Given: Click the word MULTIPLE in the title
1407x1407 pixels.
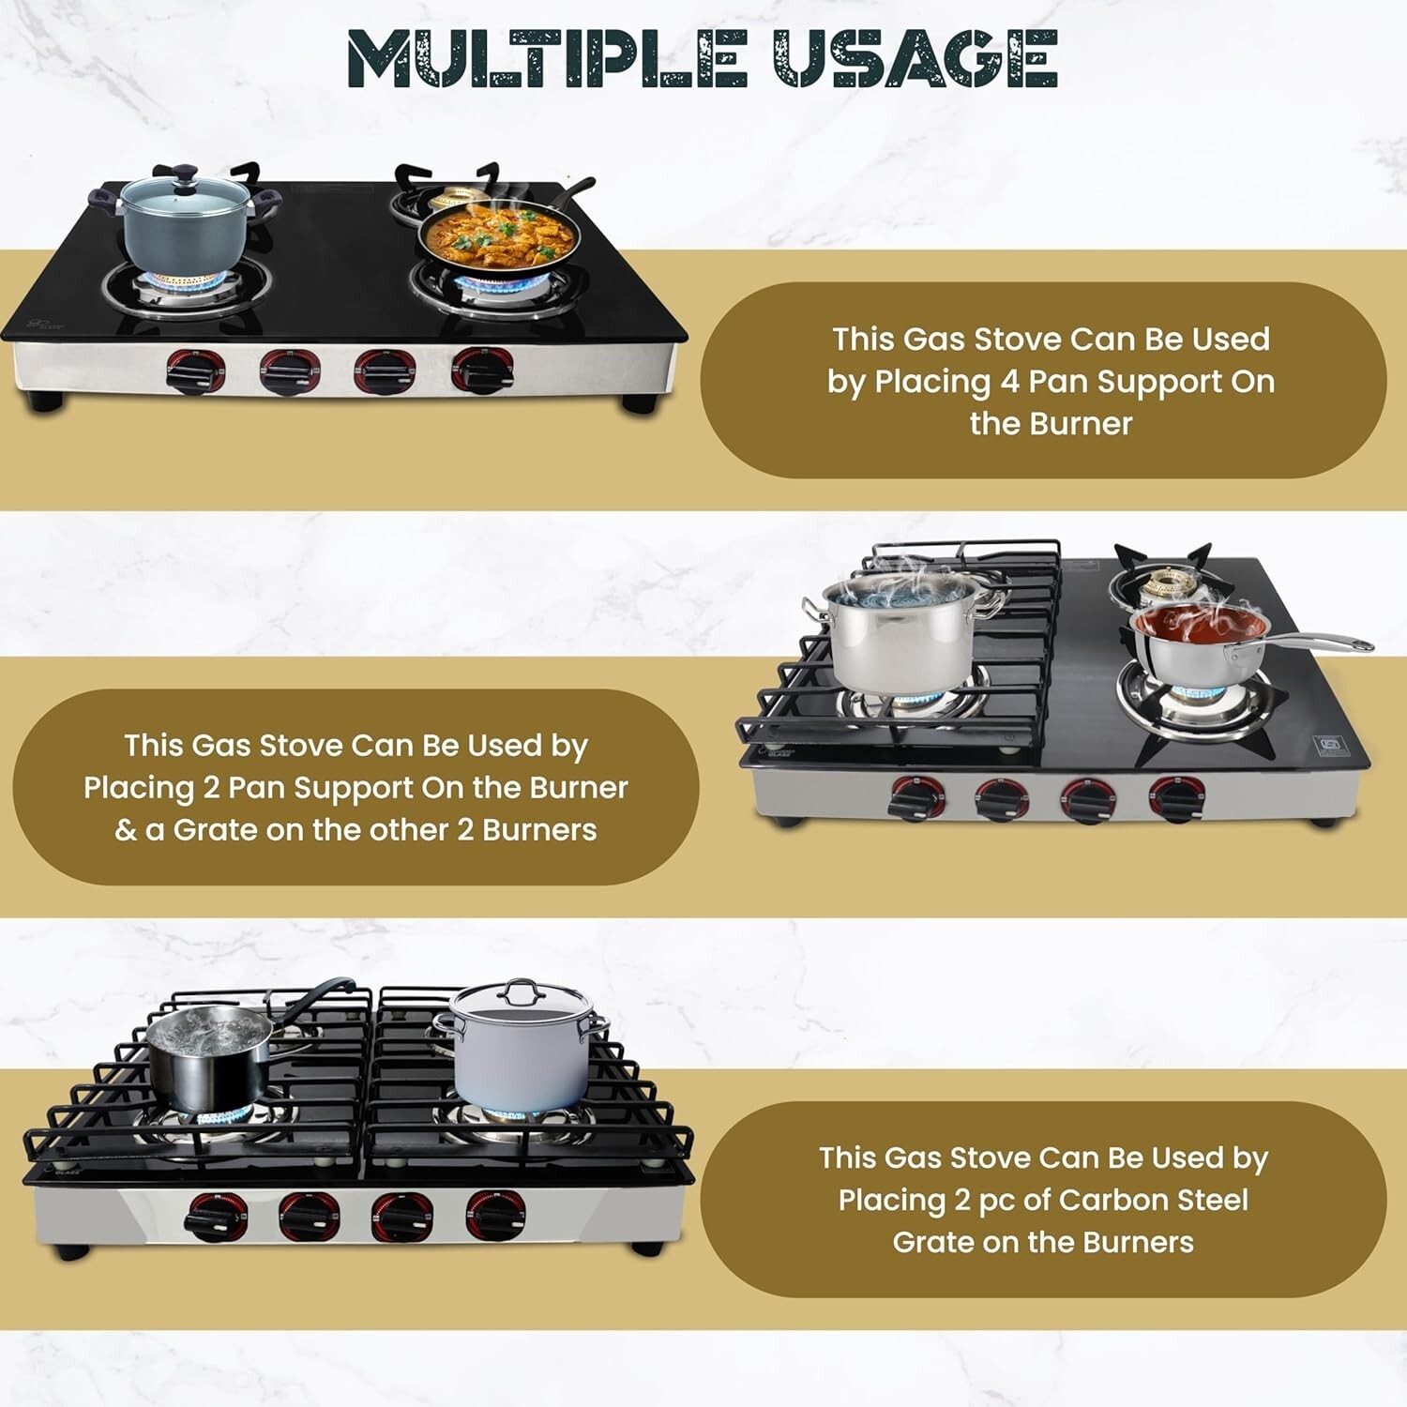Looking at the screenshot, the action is tap(546, 58).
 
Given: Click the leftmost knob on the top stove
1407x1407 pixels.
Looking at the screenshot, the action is tap(196, 371).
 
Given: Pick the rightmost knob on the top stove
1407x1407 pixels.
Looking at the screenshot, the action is tap(483, 370).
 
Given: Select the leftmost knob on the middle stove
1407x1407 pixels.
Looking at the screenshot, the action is tap(918, 799).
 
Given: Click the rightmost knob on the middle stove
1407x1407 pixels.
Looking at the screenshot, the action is tap(1177, 799).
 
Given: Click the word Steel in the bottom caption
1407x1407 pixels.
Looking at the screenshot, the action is tap(1211, 1200).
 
